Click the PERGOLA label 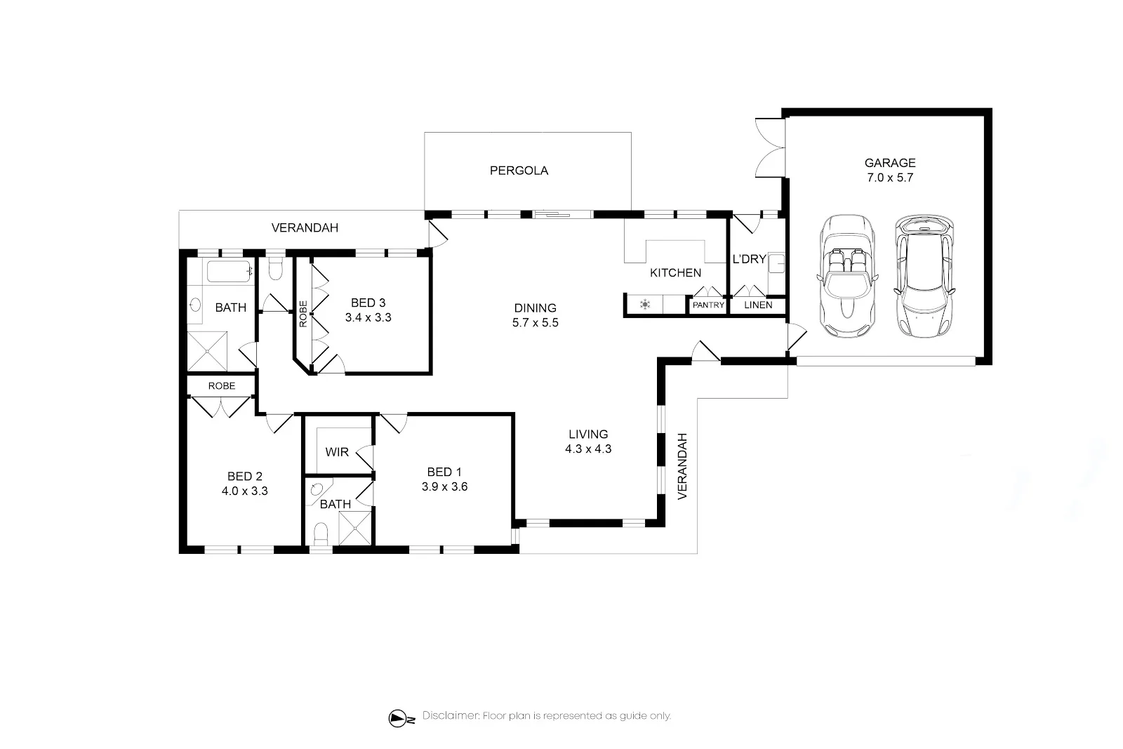coord(519,171)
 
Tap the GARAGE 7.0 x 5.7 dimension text coord(890,178)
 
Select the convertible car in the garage coord(847,277)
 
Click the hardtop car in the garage coord(924,277)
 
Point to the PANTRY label coord(708,305)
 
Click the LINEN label coord(758,305)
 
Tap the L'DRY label coord(749,259)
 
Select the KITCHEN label coord(675,273)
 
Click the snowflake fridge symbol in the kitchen coord(645,305)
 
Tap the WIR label coord(336,452)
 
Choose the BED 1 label coord(444,472)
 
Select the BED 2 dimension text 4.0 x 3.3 coord(245,491)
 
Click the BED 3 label coord(368,303)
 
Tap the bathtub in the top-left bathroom coord(229,271)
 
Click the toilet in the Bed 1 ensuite coord(320,533)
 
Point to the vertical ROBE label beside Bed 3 coord(303,314)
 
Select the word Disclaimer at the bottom coord(451,715)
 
